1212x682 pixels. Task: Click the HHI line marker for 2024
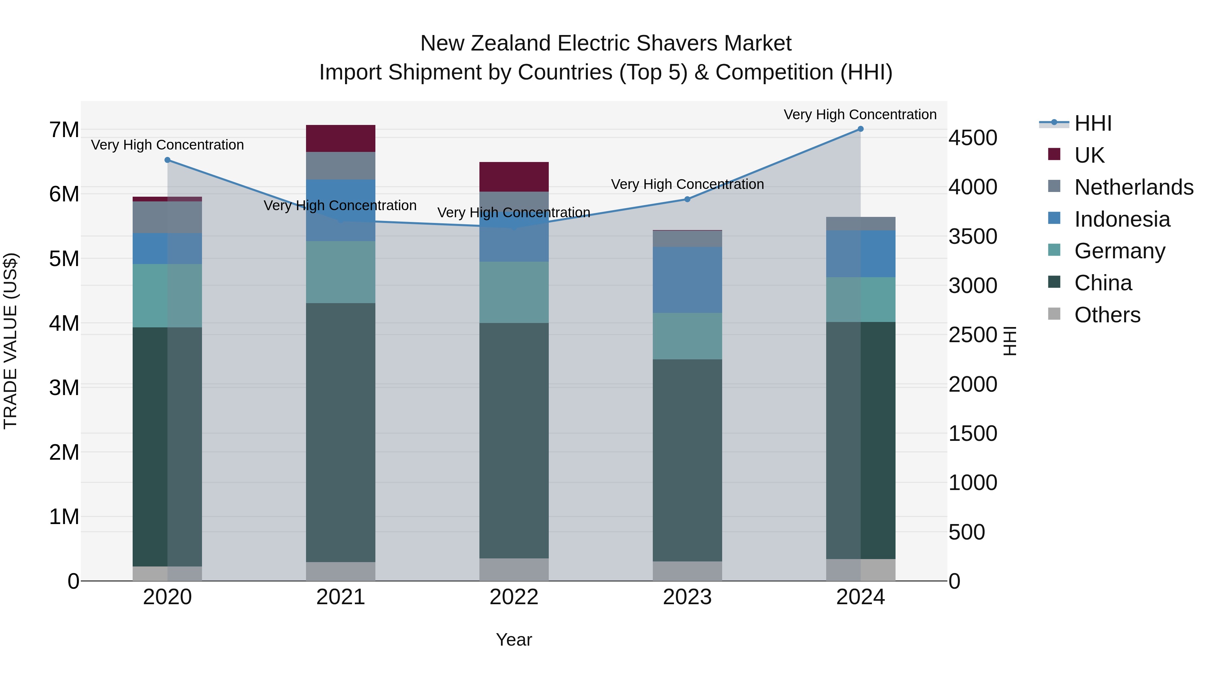[861, 129]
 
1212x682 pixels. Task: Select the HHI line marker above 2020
[168, 160]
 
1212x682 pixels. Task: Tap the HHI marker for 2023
[687, 199]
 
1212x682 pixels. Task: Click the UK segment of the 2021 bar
[341, 138]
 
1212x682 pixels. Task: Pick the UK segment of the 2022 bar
[514, 176]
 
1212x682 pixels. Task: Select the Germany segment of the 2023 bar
[687, 336]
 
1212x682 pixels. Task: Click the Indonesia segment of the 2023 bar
[687, 280]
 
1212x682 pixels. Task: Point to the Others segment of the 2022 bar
[514, 570]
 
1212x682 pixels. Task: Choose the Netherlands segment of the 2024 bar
[861, 224]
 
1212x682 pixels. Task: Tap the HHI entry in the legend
[1093, 123]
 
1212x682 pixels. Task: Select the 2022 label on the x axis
[514, 597]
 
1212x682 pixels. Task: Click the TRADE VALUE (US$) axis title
[10, 341]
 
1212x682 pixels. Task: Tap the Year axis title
[514, 640]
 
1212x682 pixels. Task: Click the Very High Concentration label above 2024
[860, 115]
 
